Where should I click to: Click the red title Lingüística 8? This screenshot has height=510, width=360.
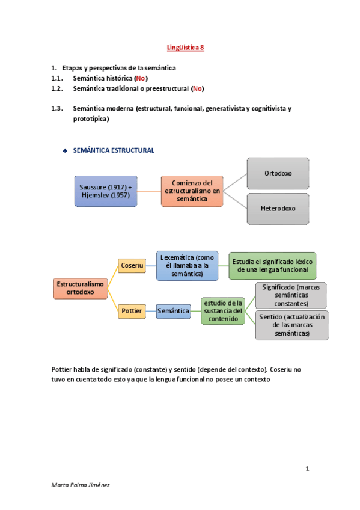pos(185,46)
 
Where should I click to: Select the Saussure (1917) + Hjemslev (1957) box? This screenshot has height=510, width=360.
pos(105,191)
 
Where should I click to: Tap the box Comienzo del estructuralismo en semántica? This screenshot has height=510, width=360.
pos(192,191)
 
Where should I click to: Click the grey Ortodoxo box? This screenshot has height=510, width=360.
pos(278,173)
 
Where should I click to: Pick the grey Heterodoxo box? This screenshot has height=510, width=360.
pos(278,209)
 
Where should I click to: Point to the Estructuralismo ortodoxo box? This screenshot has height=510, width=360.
pos(80,287)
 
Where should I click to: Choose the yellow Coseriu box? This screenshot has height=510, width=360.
pos(132,265)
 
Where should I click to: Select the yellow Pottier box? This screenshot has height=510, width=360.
pos(132,311)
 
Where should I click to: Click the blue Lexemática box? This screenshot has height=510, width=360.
pos(186,265)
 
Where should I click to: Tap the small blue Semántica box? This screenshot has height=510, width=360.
pos(173,311)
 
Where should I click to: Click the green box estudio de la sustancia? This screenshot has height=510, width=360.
pos(223,311)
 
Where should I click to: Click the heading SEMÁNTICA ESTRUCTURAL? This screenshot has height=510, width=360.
pos(114,150)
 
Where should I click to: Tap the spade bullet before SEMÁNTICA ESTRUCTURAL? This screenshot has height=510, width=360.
pos(65,151)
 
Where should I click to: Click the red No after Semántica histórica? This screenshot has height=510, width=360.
pos(141,79)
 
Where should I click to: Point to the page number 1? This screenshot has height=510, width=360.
pos(307,468)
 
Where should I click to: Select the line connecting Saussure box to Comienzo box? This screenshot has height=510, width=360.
pos(149,191)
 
